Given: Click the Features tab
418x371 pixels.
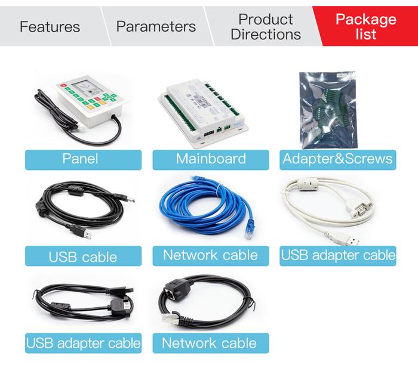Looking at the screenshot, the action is (x=50, y=27).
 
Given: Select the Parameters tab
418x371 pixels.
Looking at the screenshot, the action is (x=156, y=27).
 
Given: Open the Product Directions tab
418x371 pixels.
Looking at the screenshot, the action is (x=266, y=27).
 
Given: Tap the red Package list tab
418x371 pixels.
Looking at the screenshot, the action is (x=365, y=27).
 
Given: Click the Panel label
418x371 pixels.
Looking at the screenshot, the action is (x=83, y=160).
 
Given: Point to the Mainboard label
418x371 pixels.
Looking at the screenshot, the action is (x=211, y=160).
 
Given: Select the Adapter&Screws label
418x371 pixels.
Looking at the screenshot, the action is (x=338, y=160).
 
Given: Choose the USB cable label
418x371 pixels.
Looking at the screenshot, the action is (x=83, y=256).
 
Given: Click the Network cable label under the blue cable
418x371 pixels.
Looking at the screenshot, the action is (x=211, y=256).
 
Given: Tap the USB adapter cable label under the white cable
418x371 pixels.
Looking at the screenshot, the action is (x=338, y=256).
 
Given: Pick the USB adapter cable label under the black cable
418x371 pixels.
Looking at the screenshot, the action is (x=83, y=343).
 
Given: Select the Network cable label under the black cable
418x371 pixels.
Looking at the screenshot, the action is (x=211, y=343).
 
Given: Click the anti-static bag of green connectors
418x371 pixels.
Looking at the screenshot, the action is (x=328, y=110).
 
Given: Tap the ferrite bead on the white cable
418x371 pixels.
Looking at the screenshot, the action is (x=308, y=184).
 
